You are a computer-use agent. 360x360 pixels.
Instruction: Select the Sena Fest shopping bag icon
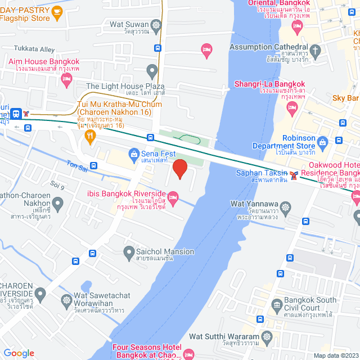(x=134, y=154)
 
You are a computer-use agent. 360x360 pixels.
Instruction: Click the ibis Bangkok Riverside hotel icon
(x=173, y=196)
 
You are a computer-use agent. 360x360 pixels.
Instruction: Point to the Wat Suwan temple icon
(x=156, y=25)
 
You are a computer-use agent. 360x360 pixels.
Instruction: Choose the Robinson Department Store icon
(x=322, y=141)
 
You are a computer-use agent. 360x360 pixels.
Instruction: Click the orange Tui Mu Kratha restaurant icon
(x=89, y=136)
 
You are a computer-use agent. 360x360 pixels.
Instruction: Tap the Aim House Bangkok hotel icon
(x=67, y=80)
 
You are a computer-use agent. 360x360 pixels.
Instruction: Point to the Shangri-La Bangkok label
(x=269, y=85)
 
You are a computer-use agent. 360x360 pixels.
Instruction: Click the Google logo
(x=19, y=353)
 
